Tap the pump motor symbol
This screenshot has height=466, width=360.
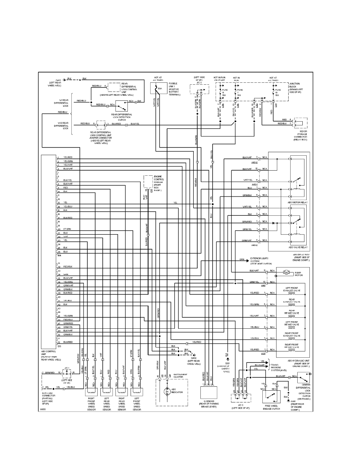[x=285, y=272]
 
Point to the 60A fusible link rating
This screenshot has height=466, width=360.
[x=159, y=89]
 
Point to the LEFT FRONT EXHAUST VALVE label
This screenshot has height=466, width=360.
[x=292, y=290]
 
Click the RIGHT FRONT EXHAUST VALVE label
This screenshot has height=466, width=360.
[x=292, y=335]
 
